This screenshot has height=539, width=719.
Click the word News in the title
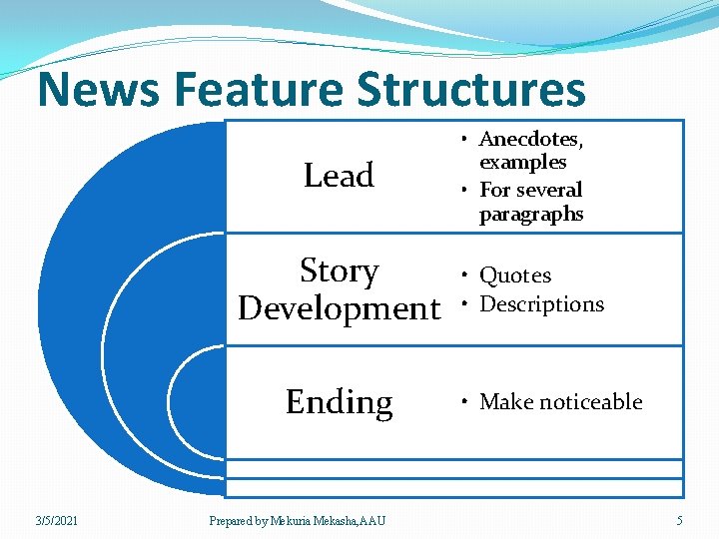tap(98, 90)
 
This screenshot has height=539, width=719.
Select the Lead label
tap(339, 176)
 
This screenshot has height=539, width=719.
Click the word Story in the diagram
tap(340, 270)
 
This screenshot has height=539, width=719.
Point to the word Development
tap(339, 308)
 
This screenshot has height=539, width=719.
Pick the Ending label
tap(339, 401)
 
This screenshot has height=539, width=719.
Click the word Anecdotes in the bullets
tap(530, 139)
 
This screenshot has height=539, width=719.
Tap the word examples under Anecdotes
tap(522, 162)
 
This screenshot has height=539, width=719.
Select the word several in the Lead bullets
tap(548, 190)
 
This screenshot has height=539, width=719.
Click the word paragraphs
tap(531, 214)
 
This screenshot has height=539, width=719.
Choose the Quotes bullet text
tap(515, 275)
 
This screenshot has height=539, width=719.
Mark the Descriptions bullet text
tap(542, 303)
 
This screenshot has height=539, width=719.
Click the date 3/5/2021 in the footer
tap(57, 520)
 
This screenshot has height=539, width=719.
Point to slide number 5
tap(679, 520)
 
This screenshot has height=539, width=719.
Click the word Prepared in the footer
tap(231, 520)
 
